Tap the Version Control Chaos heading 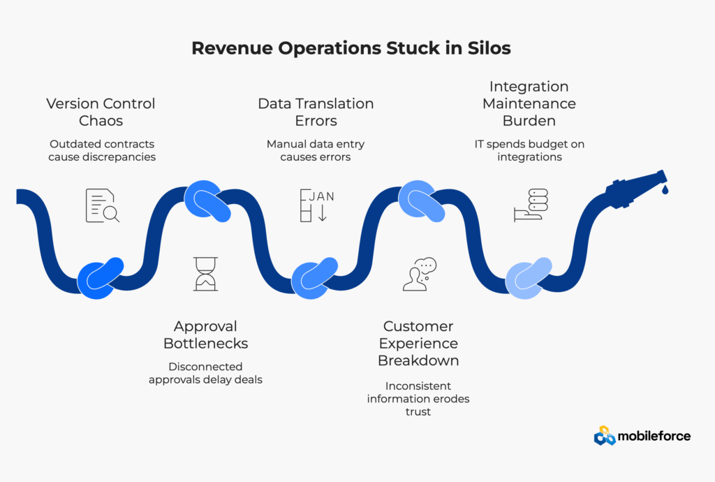(101, 112)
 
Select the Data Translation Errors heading (316, 112)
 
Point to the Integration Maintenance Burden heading (529, 103)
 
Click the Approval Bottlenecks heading (205, 335)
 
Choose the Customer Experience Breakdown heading (418, 343)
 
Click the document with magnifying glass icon (102, 205)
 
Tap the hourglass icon (205, 274)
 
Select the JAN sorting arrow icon (316, 205)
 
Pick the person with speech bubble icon (419, 274)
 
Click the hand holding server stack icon (531, 205)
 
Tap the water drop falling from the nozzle (664, 189)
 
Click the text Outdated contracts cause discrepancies (102, 150)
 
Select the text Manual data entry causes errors (316, 150)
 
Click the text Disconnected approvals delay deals (205, 373)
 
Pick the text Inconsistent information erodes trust (418, 398)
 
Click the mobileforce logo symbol (605, 436)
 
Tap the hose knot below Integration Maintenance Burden (528, 279)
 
